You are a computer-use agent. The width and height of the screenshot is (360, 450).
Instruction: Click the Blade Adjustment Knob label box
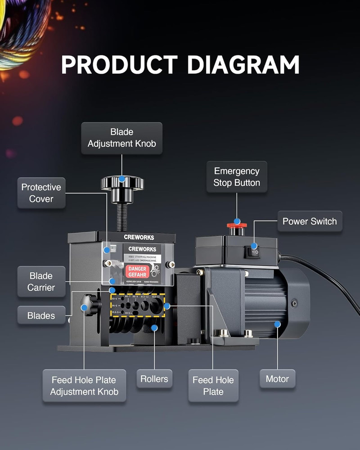122,138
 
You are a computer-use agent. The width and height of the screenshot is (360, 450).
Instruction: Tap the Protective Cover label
41,193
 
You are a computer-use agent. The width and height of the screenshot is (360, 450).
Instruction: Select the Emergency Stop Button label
237,177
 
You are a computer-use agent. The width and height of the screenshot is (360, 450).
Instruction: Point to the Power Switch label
310,221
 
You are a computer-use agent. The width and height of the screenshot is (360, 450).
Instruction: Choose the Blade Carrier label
41,281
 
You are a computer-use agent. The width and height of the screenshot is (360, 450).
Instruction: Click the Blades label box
41,315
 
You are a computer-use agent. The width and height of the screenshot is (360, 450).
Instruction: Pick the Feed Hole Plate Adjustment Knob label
84,386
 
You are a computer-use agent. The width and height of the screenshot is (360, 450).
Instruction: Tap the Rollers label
154,379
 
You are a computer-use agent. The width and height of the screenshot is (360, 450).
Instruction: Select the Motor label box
277,379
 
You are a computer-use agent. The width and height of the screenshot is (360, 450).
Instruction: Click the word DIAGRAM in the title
243,65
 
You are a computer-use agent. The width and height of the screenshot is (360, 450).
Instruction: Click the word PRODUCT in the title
119,65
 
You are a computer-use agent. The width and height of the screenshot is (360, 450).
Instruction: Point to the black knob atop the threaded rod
122,183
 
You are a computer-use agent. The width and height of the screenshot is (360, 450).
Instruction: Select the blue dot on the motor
277,324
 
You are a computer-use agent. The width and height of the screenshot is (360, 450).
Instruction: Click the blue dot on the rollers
154,328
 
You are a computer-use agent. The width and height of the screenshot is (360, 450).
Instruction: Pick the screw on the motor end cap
294,304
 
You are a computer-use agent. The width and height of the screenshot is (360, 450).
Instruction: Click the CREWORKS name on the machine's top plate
139,237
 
